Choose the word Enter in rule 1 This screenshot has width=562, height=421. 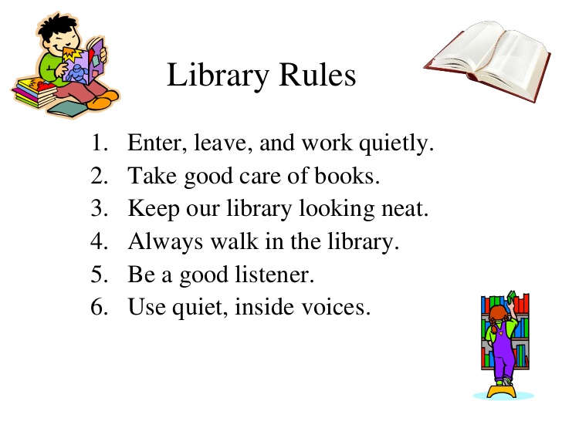pos(151,144)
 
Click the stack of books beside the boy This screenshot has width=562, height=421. pos(32,93)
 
